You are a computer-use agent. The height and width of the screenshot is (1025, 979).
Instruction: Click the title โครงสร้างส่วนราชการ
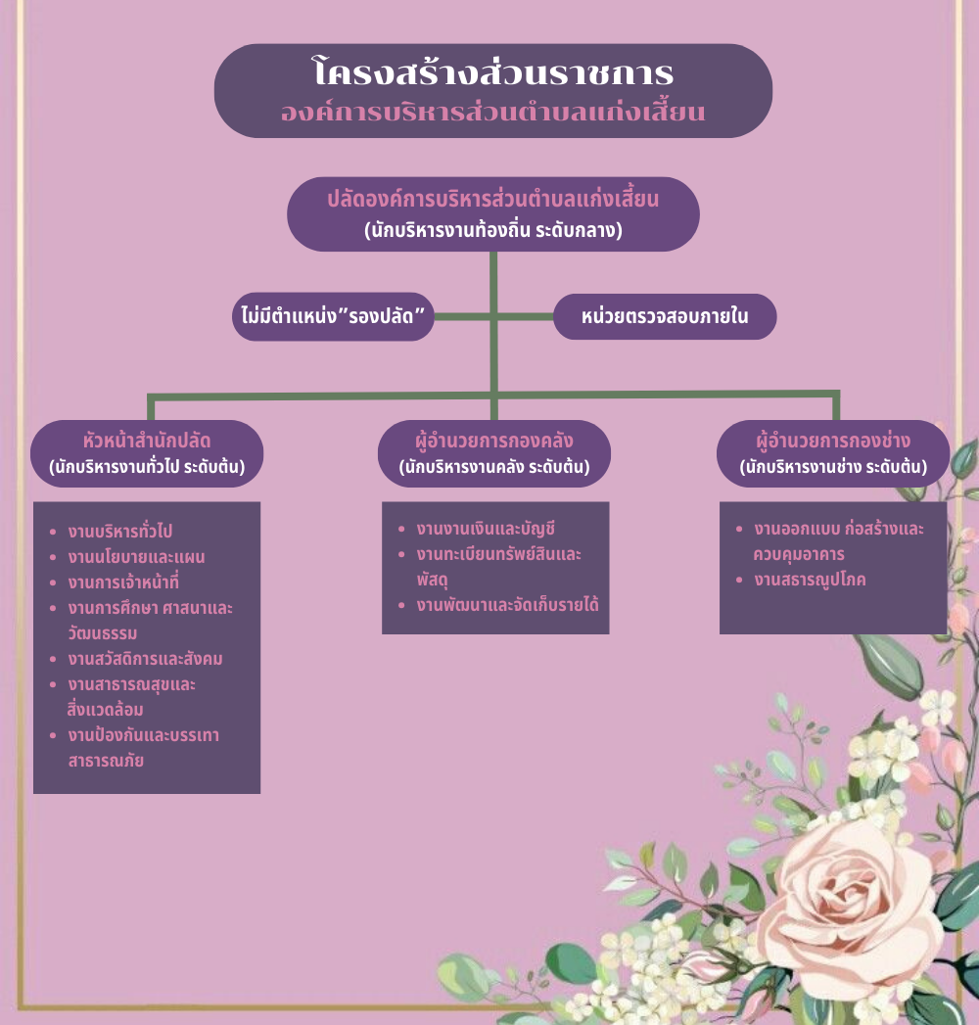click(x=492, y=73)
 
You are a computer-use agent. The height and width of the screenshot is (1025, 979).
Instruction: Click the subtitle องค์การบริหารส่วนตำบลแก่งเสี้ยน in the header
click(x=492, y=112)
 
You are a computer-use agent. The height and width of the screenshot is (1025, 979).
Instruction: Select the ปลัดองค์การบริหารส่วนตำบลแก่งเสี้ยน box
click(x=492, y=213)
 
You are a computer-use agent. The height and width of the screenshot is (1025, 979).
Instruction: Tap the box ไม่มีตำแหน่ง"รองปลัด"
click(x=333, y=316)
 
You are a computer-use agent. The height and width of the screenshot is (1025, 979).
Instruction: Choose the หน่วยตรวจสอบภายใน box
click(x=665, y=316)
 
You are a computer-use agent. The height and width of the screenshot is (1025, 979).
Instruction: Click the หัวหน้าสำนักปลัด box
click(x=147, y=453)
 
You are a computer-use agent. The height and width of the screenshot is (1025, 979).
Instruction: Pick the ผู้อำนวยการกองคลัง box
click(x=494, y=453)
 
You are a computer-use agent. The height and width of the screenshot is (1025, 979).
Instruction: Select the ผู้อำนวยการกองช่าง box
click(x=833, y=453)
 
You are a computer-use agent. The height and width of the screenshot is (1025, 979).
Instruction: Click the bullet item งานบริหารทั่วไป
click(x=120, y=532)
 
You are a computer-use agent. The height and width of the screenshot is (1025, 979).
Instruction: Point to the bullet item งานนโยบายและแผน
click(x=136, y=557)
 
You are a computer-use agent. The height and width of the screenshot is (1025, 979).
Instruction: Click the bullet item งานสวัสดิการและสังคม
click(x=146, y=658)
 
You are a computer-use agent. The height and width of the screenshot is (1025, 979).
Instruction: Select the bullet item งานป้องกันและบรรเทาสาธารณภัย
click(x=142, y=746)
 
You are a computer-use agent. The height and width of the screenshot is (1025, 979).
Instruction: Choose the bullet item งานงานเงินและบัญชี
click(x=486, y=529)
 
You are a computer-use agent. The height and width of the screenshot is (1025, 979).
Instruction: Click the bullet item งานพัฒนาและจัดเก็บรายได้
click(x=507, y=604)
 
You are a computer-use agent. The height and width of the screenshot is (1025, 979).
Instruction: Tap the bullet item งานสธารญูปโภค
click(x=810, y=580)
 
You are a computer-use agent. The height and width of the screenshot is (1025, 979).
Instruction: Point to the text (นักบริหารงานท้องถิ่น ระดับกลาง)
click(x=493, y=231)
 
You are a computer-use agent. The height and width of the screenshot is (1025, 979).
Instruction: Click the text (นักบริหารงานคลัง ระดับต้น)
click(x=494, y=468)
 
